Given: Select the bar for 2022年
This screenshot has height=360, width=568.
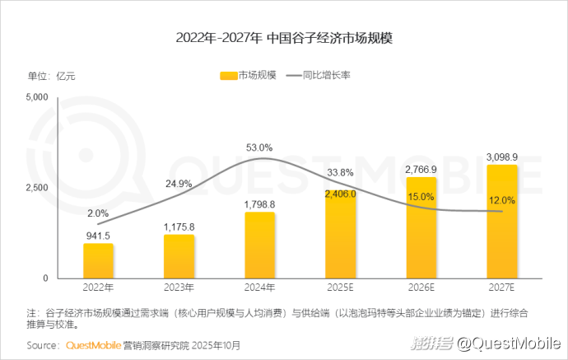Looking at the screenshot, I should pos(98,260).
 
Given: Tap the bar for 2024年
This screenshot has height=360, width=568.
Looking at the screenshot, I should pos(260,245).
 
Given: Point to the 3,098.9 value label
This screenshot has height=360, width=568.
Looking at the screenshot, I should pos(502,157).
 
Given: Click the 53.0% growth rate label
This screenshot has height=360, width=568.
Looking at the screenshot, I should pos(259,147).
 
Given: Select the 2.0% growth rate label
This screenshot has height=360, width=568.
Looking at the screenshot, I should pos(98,213).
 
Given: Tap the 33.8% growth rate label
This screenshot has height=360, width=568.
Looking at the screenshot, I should pos(340,173).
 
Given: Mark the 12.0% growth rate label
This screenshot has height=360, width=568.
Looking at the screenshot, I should pos(501,200).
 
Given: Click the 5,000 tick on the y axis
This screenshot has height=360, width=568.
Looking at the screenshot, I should pos(38,97).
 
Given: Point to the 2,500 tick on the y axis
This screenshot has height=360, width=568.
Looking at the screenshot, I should pos(38,188).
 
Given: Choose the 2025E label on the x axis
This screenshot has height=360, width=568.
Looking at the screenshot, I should pos(340,288).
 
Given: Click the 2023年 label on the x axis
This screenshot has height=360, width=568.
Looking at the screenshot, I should pos(179,288).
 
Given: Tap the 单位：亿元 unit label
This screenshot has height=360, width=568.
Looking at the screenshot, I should pos(52,76).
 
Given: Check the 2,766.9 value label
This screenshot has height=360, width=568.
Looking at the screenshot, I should pos(421,170).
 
